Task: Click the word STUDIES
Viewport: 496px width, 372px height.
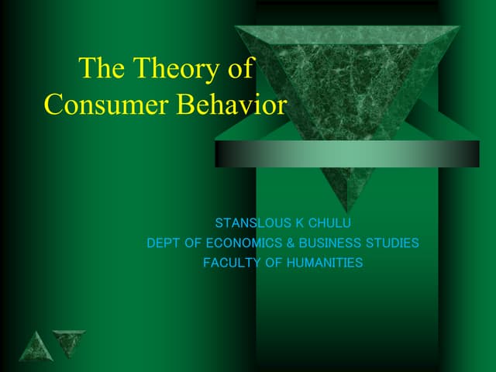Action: (x=391, y=243)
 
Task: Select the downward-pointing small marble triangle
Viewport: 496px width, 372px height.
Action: (x=68, y=342)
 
